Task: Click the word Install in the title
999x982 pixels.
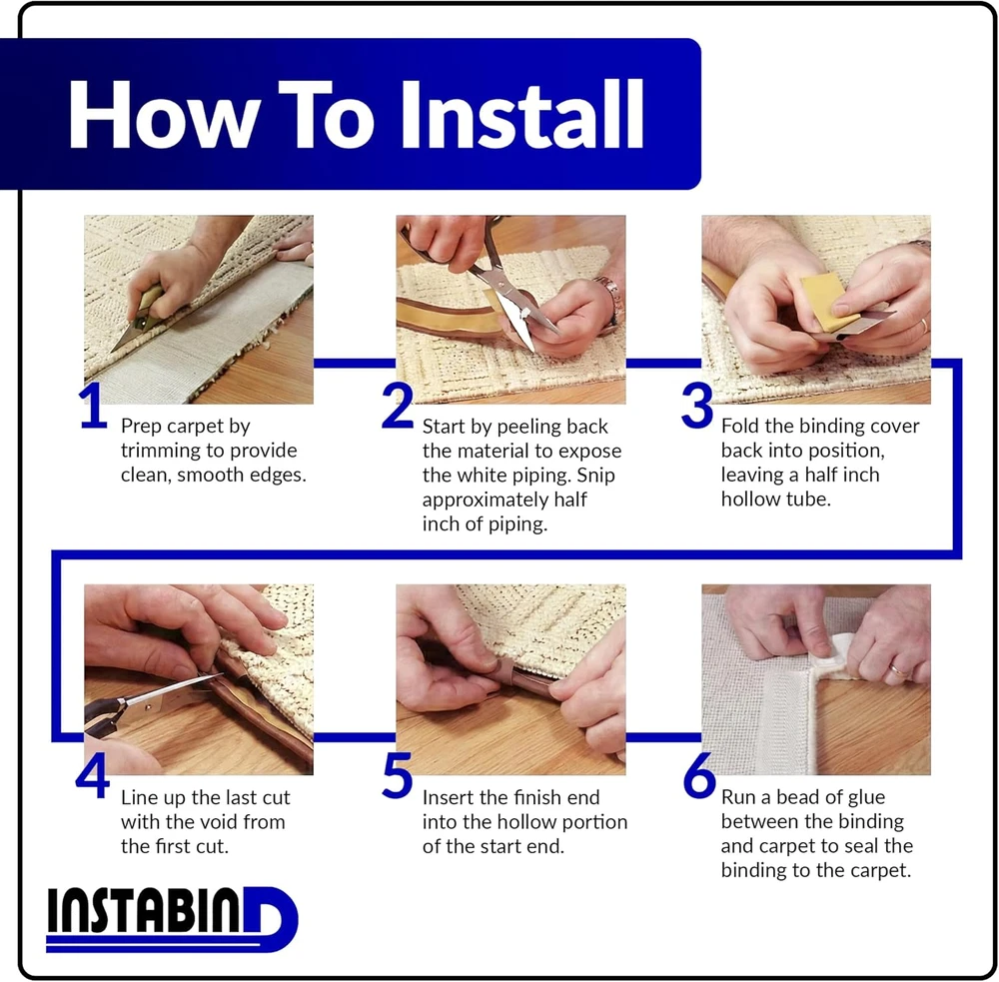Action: [x=522, y=115]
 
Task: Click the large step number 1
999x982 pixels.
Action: [x=93, y=406]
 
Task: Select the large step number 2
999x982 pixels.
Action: [x=397, y=406]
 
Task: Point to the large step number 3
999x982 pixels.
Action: [x=696, y=406]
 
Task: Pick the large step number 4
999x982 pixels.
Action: [x=93, y=775]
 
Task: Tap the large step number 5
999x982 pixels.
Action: [x=397, y=775]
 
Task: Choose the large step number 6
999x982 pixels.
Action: [x=699, y=775]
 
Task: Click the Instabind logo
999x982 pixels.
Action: [x=172, y=919]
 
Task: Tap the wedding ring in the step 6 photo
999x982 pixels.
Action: [x=898, y=669]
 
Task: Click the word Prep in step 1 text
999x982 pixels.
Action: [x=141, y=427]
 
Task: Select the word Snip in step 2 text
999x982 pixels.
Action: [x=595, y=477]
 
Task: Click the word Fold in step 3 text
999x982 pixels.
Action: [x=741, y=426]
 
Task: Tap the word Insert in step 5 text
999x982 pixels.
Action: [x=449, y=797]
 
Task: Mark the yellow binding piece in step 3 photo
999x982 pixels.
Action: [x=828, y=303]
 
